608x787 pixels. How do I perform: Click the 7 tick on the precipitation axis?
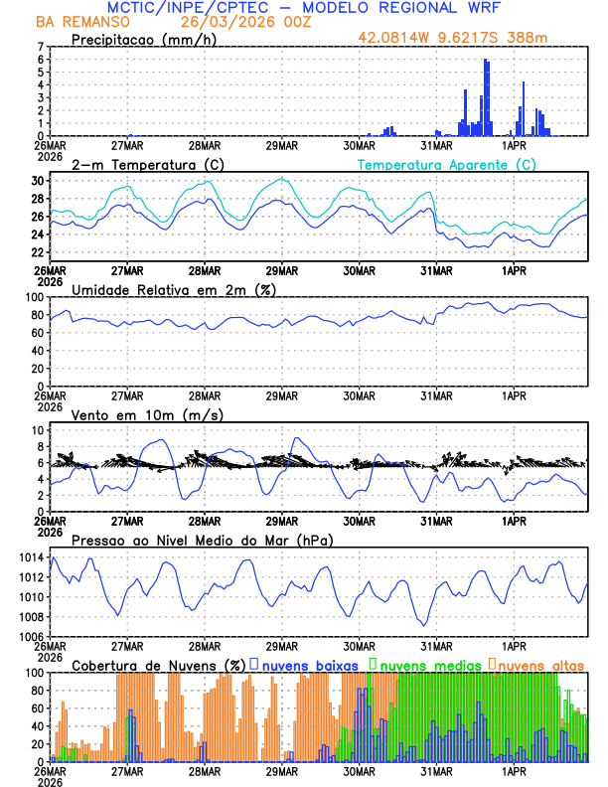[40, 47]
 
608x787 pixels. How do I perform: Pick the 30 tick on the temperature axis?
[37, 181]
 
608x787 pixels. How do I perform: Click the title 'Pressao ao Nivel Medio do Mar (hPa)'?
[203, 540]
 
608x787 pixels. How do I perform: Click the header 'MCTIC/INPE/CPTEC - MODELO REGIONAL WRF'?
[304, 8]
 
